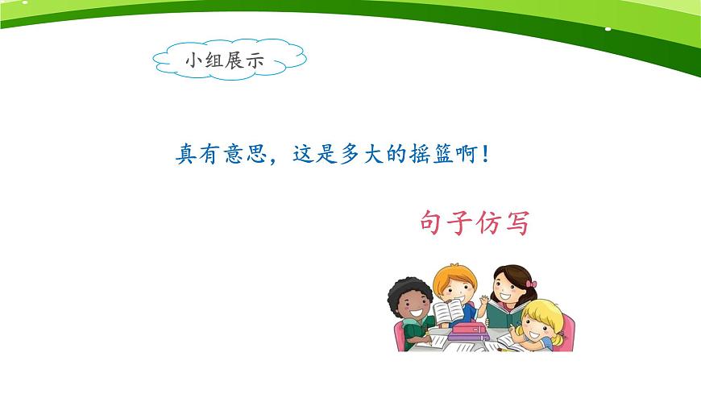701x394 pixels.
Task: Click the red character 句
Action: coord(433,222)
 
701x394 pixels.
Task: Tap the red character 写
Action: coord(516,222)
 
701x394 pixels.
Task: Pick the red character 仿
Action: coord(488,222)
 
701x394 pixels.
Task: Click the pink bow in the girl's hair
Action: coord(531,284)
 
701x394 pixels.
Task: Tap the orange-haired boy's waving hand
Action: coord(482,304)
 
